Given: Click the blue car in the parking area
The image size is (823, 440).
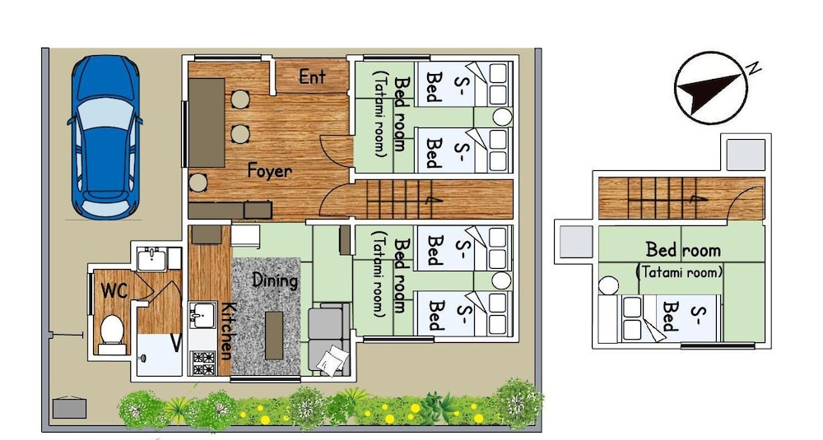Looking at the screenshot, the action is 105,137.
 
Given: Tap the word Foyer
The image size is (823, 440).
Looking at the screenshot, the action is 269,171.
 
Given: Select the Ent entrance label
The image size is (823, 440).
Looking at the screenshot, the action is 312,77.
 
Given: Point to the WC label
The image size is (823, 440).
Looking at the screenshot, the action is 114,290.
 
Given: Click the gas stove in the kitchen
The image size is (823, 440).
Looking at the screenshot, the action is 203,363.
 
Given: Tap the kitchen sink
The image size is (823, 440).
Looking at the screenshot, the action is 202,315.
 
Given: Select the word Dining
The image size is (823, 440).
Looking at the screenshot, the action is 275,280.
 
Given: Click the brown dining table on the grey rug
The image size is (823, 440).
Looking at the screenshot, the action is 274,335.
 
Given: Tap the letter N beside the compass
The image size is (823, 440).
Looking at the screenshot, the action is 754,67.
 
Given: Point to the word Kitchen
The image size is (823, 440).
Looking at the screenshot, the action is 226,331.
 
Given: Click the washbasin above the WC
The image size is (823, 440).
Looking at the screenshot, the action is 151,259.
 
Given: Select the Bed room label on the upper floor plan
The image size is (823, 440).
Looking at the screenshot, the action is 683,250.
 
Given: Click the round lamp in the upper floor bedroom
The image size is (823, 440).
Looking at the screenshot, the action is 608,286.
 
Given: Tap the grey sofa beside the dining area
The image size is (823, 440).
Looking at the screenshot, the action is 329,338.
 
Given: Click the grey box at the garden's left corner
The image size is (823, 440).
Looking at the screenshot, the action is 69,407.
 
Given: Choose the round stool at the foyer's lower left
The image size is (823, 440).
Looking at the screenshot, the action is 198,183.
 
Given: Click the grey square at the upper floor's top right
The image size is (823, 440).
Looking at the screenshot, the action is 746,155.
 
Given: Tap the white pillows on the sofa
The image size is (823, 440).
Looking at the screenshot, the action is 332,361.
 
